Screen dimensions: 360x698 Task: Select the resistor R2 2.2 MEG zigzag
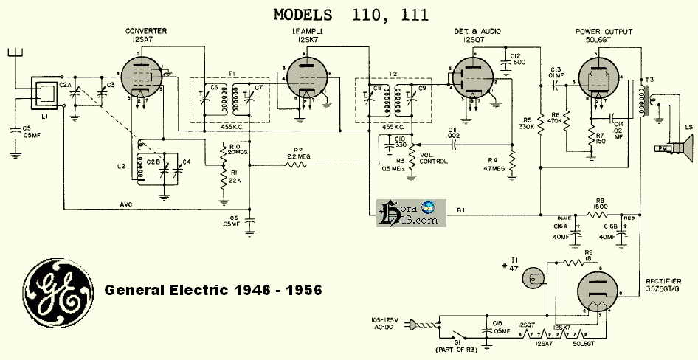coord(294,164)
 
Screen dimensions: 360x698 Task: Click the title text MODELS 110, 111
coord(351,14)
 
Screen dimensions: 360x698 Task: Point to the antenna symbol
coord(14,55)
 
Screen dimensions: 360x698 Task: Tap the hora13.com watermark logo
coord(408,212)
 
